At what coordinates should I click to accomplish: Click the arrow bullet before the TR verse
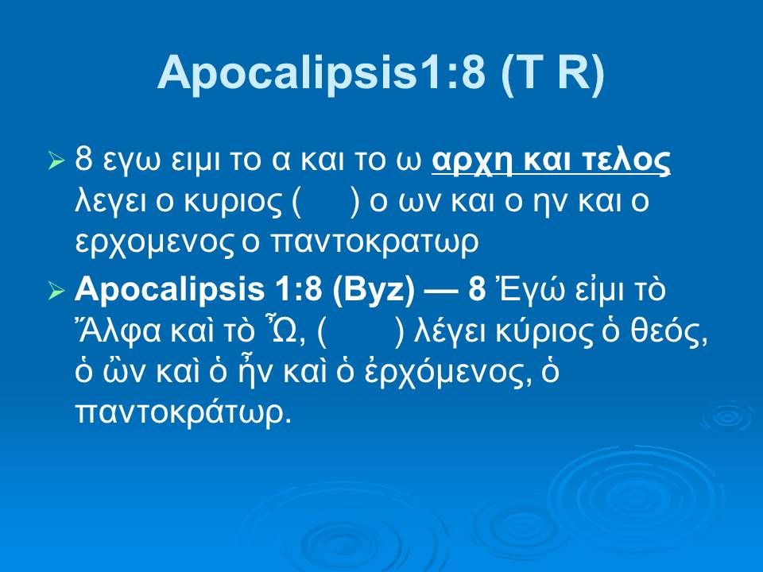coord(56,161)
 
